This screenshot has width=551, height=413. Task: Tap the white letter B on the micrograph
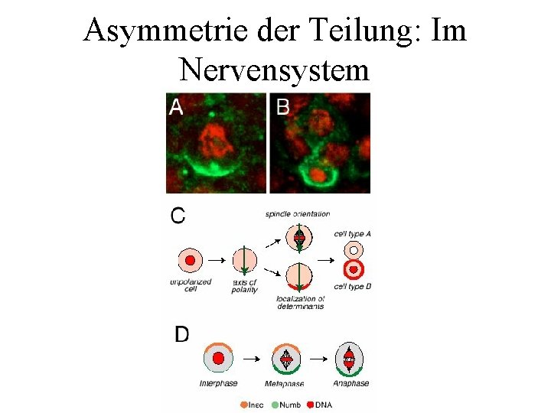283,107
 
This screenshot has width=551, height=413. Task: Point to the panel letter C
178,215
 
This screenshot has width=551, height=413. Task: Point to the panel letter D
182,334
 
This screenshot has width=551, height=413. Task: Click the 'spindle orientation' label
298,213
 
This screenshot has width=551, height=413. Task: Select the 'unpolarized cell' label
190,286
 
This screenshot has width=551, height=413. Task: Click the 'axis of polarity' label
244,286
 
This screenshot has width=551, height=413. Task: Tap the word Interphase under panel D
218,383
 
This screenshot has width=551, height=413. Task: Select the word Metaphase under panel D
284,383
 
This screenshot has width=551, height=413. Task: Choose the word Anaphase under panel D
350,383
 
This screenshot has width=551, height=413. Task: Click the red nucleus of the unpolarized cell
191,260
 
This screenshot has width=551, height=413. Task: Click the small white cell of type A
353,249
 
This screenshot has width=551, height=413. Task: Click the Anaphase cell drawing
349,359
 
